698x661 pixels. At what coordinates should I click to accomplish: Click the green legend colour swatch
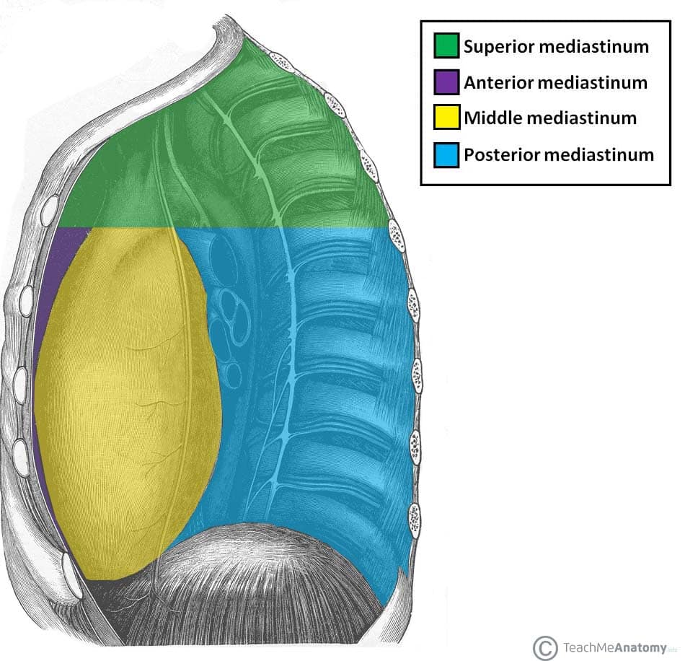point(447,46)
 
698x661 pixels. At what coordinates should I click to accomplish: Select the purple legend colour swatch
point(447,82)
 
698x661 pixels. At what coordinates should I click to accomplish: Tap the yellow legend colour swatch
point(447,117)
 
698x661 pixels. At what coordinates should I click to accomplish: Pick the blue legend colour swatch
point(447,154)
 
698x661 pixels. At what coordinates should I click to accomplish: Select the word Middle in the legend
point(488,118)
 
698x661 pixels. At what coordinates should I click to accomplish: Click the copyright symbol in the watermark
point(545,647)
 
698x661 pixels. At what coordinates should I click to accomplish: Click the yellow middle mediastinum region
point(126,397)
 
